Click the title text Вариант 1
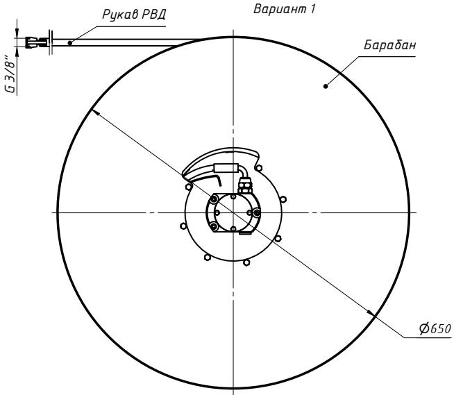pos(284,9)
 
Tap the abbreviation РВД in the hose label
pos(153,15)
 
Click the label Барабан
pos(389,45)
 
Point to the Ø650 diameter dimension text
pos(435,328)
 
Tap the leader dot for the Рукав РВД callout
pos(70,43)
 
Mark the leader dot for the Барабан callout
pos(326,86)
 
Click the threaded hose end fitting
pos(37,42)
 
